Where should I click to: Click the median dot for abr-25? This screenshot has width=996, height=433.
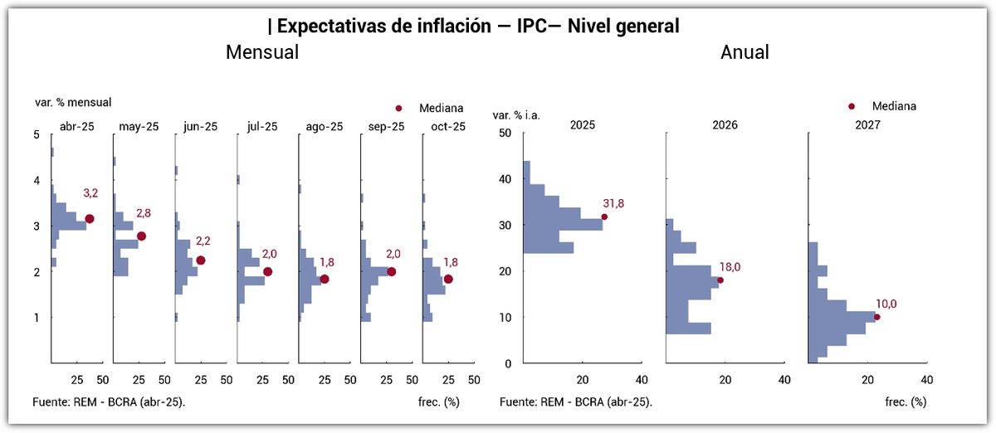click(x=90, y=219)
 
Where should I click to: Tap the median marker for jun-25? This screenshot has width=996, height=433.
click(x=200, y=260)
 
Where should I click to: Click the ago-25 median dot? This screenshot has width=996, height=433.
click(x=324, y=280)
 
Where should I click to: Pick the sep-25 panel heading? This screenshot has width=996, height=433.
click(x=385, y=127)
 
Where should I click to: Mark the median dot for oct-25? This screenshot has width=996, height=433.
click(x=448, y=280)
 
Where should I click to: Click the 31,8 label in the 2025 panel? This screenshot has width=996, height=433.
click(x=614, y=202)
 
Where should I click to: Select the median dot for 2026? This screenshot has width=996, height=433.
click(x=720, y=280)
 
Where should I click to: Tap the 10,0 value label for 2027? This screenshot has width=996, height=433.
click(x=887, y=304)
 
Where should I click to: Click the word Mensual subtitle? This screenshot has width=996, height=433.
click(x=262, y=52)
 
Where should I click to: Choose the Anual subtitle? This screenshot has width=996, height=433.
click(x=745, y=52)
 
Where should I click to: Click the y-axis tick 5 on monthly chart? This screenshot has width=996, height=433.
click(x=37, y=134)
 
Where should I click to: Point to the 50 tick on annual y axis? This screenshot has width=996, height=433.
click(x=504, y=134)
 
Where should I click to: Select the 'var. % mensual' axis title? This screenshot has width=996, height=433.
click(x=73, y=103)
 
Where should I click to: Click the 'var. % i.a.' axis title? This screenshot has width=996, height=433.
click(x=516, y=115)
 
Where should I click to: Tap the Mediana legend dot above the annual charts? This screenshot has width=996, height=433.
click(x=851, y=106)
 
